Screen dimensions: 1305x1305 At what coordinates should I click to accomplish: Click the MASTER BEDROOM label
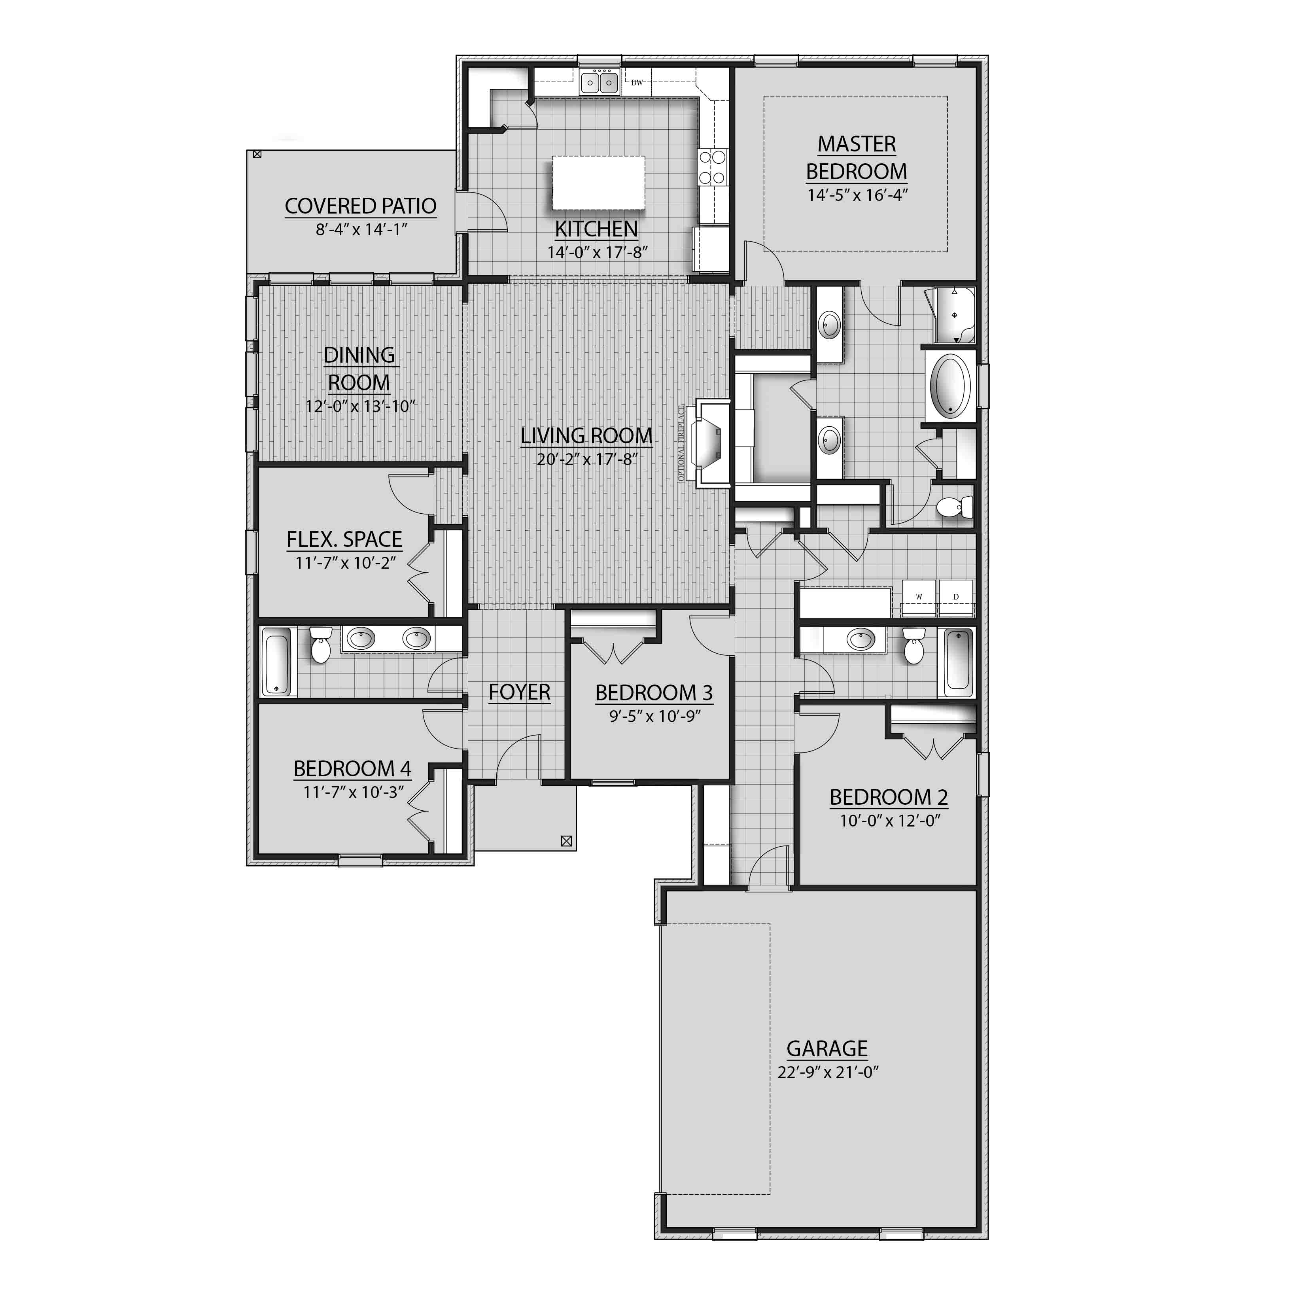pos(857,157)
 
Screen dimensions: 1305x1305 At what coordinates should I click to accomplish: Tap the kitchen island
pos(598,183)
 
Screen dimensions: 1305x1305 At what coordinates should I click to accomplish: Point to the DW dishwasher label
pos(636,83)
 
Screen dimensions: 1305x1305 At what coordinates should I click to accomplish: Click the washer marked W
pos(919,597)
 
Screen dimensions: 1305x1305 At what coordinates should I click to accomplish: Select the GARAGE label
pos(827,1048)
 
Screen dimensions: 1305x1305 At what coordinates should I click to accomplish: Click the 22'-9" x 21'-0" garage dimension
pos(827,1072)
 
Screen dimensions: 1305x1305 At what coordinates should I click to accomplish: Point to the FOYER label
pos(520,692)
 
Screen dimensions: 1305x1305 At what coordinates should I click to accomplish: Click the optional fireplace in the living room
pos(711,443)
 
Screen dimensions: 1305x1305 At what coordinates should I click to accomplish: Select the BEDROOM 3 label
pos(654,693)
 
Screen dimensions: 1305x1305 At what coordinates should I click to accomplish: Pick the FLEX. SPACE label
pos(344,540)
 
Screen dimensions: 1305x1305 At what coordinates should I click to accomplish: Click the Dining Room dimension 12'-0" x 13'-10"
pos(359,407)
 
